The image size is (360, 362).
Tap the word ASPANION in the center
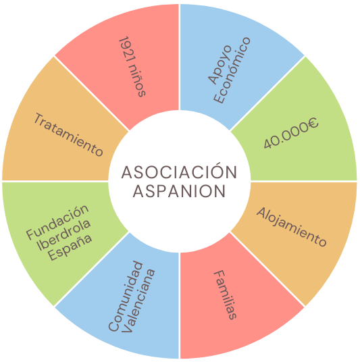[x=179, y=191]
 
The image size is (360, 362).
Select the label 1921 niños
[x=132, y=66]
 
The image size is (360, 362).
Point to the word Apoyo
[x=220, y=64]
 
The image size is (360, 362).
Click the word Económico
[x=232, y=70]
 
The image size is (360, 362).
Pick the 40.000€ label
[x=291, y=133]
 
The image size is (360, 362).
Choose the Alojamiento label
[x=291, y=227]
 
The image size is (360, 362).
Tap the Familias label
[x=226, y=295]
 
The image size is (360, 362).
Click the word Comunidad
[x=126, y=296]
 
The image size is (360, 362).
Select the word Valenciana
[x=138, y=301]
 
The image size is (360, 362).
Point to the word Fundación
[x=57, y=222]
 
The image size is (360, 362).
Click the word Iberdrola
[x=63, y=234]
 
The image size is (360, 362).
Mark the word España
[x=70, y=247]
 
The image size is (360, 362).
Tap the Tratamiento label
[x=68, y=134]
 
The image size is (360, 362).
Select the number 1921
[x=126, y=49]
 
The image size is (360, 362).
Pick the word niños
[x=138, y=81]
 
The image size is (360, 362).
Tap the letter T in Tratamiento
[x=38, y=119]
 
